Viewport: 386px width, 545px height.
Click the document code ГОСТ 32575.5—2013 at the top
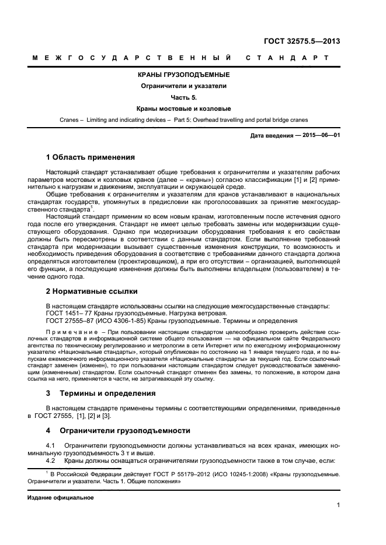tap(303, 41)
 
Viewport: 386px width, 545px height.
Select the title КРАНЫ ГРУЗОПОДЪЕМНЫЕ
tap(183, 75)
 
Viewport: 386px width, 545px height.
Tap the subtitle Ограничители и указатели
tap(183, 86)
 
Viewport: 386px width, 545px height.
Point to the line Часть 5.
tap(183, 97)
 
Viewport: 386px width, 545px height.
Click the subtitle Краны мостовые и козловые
tap(183, 108)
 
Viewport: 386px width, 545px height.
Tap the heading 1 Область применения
tap(91, 157)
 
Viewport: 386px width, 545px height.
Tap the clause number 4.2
tap(50, 460)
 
